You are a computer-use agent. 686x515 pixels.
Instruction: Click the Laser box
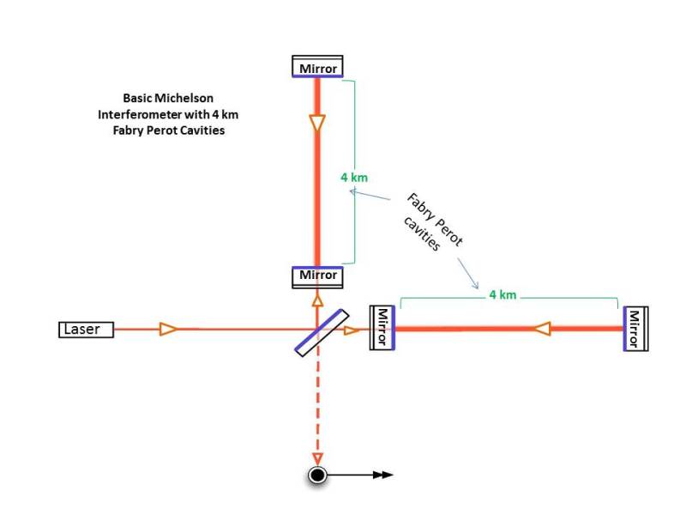tap(87, 330)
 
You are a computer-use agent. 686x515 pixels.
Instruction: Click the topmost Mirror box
tap(317, 67)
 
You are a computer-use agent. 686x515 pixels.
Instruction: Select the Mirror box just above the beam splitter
tap(317, 276)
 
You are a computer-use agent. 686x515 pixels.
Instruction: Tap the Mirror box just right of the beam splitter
tap(382, 328)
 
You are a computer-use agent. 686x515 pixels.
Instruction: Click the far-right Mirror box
tap(635, 328)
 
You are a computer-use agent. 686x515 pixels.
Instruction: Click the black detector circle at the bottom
tap(317, 475)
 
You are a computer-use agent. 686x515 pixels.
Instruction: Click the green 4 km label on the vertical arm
tap(354, 178)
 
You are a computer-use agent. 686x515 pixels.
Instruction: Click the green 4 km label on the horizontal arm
tap(502, 294)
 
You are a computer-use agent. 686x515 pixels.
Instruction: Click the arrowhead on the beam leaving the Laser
tap(169, 330)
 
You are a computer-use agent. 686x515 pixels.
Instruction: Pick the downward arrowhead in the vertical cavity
tap(317, 124)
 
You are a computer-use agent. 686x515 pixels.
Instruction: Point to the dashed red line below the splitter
tap(317, 403)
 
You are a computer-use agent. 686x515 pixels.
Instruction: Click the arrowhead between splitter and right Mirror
tap(352, 330)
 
